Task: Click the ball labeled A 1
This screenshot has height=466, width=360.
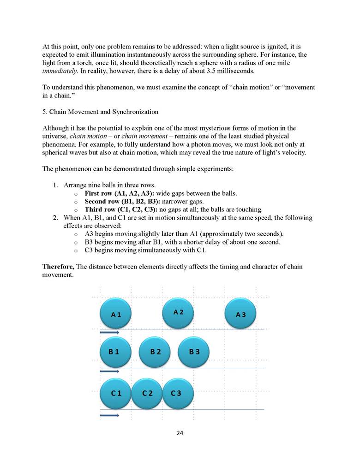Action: [x=116, y=314]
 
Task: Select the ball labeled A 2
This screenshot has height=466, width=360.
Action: [x=178, y=312]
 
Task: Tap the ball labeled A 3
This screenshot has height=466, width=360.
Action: [x=240, y=314]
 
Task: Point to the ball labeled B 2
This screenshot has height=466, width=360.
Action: [x=155, y=352]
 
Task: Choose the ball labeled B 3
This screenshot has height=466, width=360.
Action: [x=194, y=352]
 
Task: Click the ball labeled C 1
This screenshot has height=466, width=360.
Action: [x=116, y=393]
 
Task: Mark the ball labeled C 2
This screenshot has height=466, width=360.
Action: [x=147, y=393]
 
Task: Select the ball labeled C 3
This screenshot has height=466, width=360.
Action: [x=177, y=393]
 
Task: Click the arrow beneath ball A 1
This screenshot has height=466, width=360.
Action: [x=109, y=332]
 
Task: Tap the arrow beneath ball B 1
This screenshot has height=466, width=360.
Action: [x=109, y=371]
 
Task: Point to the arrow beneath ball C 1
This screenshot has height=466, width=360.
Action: [x=109, y=415]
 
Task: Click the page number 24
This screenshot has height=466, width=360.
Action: [x=180, y=434]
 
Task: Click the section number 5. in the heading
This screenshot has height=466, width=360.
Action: [x=45, y=112]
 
